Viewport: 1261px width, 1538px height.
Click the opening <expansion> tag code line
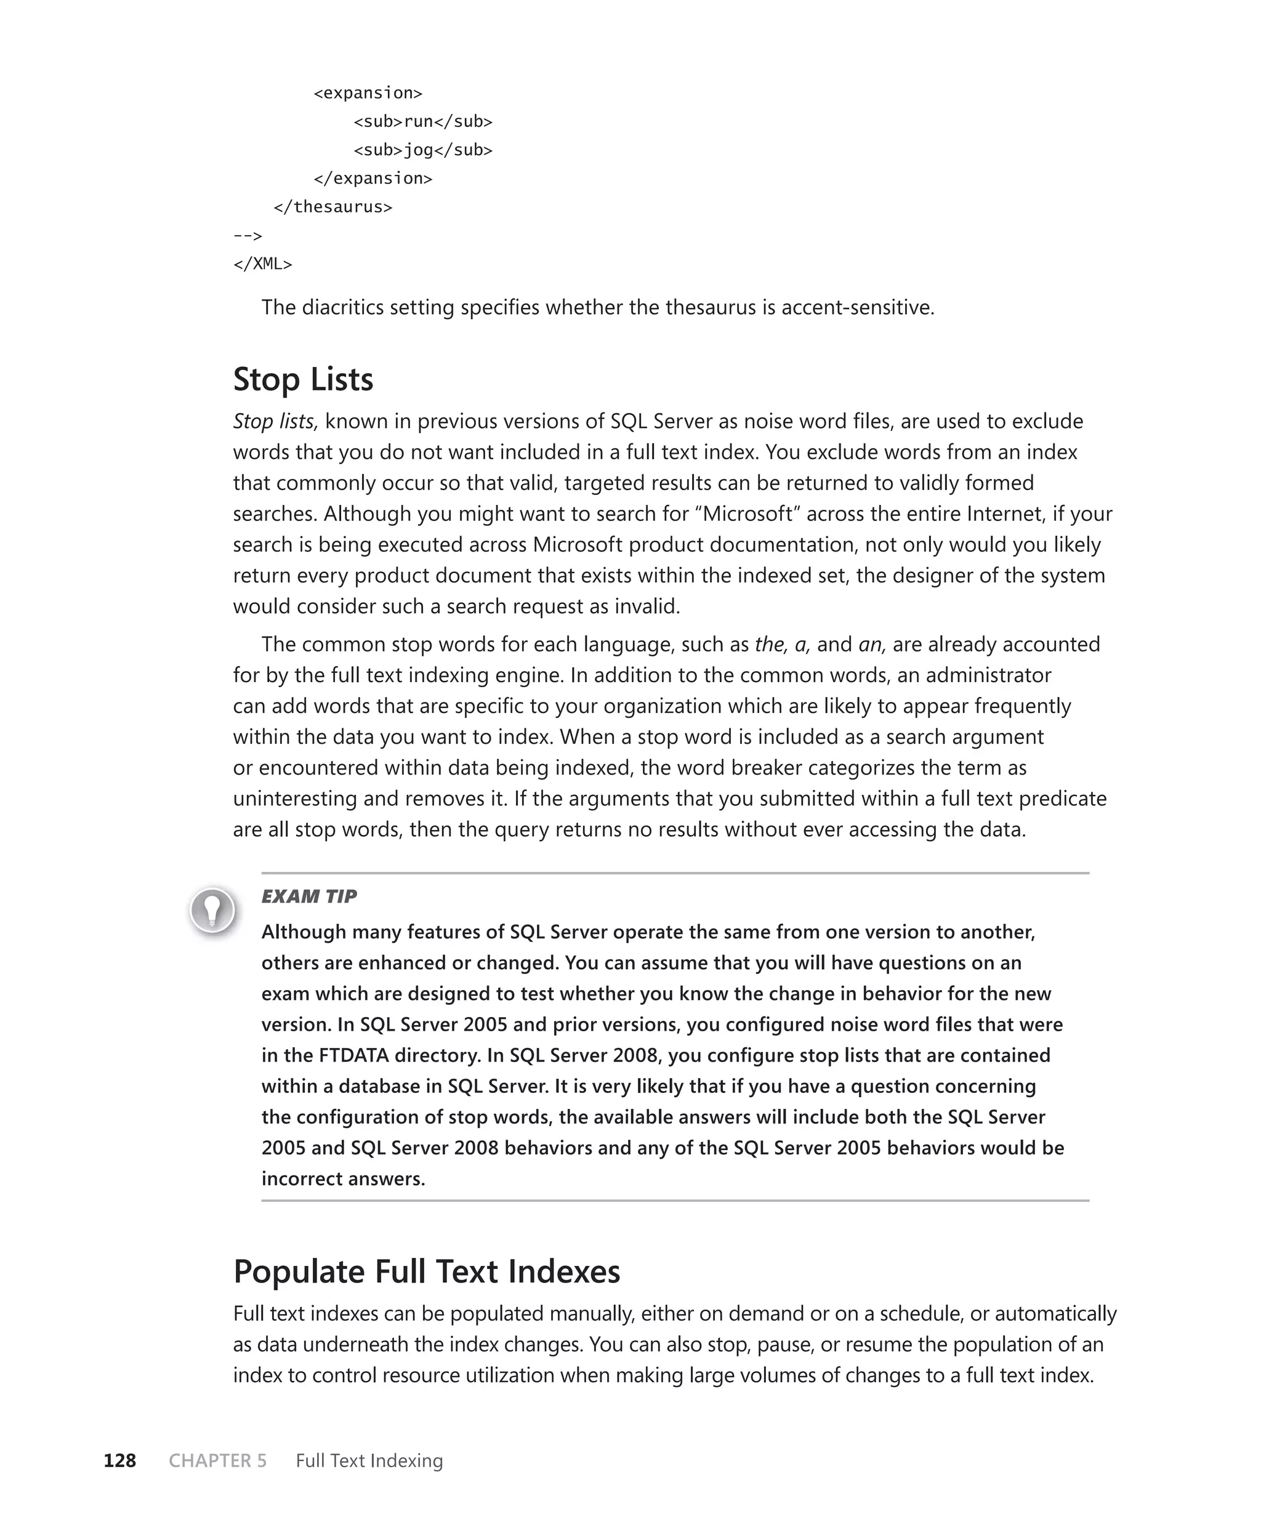368,93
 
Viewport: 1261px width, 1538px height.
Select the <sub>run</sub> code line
423,121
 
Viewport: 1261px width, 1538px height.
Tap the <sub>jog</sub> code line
423,150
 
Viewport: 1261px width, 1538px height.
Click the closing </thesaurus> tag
332,206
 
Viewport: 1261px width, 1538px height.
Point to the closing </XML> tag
262,264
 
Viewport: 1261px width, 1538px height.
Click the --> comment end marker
248,235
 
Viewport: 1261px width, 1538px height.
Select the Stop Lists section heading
303,379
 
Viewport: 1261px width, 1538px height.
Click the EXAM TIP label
308,896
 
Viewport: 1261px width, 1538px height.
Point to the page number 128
120,1460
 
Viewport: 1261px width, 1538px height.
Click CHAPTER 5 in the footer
217,1460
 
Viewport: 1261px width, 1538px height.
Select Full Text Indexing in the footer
369,1460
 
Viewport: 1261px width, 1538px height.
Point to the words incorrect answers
343,1178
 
